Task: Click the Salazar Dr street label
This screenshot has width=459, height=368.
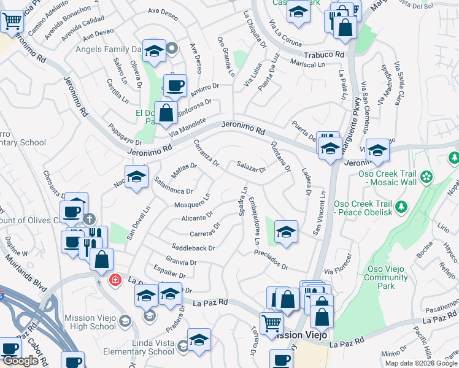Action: point(251,166)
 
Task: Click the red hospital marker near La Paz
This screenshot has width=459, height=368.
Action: point(115,280)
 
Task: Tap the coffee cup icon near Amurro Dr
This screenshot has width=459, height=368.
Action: point(175,85)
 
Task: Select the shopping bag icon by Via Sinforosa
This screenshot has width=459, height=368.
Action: point(166,112)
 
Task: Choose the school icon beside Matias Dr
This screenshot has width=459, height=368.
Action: point(137,177)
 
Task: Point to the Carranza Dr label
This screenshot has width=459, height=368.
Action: point(206,153)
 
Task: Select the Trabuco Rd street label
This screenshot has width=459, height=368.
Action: point(323,55)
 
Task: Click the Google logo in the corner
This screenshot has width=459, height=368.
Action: point(20,361)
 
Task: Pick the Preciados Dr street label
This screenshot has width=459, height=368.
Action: point(271,261)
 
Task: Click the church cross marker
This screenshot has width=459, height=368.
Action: point(90,218)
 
